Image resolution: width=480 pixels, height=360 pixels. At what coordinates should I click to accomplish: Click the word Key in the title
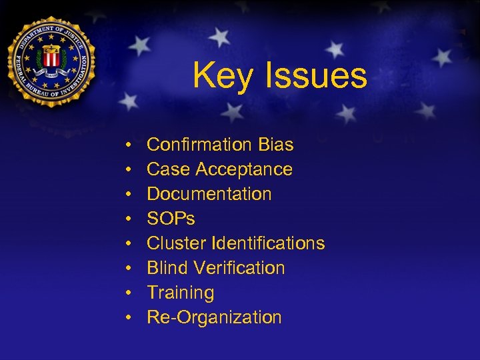coord(223,76)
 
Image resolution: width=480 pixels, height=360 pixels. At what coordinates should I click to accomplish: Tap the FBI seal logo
coord(51,61)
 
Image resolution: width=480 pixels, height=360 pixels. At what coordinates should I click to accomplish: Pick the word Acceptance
coord(243,169)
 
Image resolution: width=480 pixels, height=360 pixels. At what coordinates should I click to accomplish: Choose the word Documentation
coord(209,194)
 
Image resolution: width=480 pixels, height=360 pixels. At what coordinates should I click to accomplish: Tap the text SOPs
coord(171,219)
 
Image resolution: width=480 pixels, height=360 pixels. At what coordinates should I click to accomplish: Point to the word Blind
coord(167,268)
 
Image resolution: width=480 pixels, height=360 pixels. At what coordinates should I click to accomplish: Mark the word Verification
coord(239,268)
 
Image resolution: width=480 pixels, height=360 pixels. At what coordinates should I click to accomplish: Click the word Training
coord(180,293)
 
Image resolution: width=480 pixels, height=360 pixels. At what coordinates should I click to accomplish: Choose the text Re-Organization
coord(214,317)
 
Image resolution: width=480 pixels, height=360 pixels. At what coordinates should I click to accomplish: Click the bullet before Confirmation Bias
coord(127,145)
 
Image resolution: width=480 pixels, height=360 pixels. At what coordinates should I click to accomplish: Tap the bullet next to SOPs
coord(127,219)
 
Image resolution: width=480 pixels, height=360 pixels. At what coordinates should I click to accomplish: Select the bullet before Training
coord(127,293)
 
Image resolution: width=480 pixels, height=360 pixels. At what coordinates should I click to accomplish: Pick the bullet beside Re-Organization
coord(127,318)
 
